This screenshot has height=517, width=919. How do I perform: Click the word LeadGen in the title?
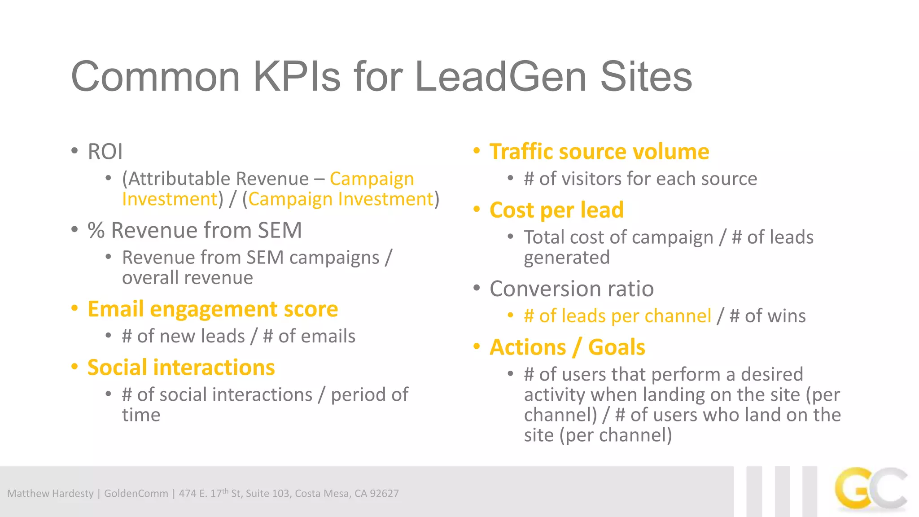tap(501, 77)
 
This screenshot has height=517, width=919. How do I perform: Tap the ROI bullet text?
tap(105, 152)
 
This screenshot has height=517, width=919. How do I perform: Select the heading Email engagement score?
tap(213, 309)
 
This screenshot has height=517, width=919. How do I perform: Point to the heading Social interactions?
tap(181, 368)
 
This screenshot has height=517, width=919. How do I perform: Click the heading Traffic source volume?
tap(599, 152)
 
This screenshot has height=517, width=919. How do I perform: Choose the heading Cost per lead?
tap(556, 210)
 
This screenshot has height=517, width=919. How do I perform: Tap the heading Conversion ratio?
tap(572, 289)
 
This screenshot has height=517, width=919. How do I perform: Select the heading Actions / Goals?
tap(567, 347)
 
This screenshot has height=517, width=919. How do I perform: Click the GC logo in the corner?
tap(871, 490)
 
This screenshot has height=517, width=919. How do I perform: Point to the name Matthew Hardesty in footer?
tap(50, 494)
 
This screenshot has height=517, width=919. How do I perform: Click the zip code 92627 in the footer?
tap(384, 494)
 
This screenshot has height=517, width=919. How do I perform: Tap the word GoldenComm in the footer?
tap(136, 494)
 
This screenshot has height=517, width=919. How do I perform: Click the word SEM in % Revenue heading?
tap(280, 231)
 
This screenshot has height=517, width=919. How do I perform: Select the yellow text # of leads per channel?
tap(617, 316)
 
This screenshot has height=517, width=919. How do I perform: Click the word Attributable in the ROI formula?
tap(179, 179)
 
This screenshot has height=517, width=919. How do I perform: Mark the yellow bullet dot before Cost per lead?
tap(477, 210)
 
